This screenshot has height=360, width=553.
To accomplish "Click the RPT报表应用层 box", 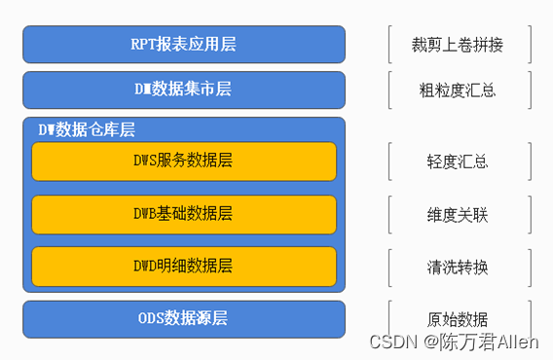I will (184, 44).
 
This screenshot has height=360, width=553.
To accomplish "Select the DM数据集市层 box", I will (184, 90).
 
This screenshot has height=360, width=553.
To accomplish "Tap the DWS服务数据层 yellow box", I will (184, 161).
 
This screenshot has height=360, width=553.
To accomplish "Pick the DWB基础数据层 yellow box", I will (184, 213).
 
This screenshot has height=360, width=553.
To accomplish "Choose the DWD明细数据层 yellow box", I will (184, 266).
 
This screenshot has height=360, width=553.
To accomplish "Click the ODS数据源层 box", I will (184, 318).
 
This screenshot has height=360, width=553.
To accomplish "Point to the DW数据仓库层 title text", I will (86, 129).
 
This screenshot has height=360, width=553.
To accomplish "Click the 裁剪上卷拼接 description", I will (459, 45).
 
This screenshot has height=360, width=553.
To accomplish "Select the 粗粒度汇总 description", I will (459, 90).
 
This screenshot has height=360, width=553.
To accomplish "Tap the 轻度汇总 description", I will (459, 162).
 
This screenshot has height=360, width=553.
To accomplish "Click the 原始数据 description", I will (459, 319).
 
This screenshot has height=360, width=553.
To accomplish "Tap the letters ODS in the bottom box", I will (152, 318).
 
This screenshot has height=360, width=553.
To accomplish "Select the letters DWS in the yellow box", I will (144, 161).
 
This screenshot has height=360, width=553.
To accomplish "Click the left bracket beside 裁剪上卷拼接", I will (388, 45).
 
